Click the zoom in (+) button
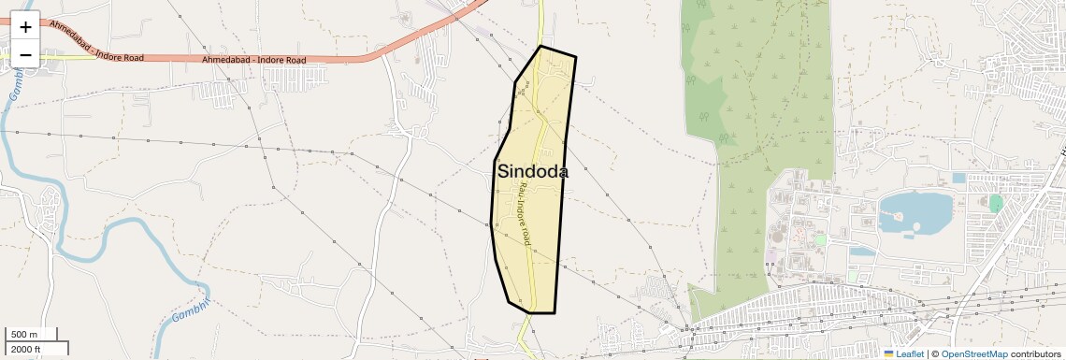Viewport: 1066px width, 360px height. [25, 27]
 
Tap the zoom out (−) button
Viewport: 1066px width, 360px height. [25, 54]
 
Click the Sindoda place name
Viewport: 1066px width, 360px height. [533, 172]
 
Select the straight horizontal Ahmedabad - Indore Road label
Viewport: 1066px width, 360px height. [253, 60]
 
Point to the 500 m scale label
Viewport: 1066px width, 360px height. [24, 335]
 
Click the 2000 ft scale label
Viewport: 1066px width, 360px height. [25, 349]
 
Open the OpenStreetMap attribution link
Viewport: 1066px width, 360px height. [973, 353]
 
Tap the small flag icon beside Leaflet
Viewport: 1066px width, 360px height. [888, 353]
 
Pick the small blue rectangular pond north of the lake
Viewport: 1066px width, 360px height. [958, 178]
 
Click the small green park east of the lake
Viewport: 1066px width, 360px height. [996, 203]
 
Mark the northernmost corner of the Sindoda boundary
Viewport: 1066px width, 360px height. [541, 46]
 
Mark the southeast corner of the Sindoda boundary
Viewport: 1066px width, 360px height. [555, 311]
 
